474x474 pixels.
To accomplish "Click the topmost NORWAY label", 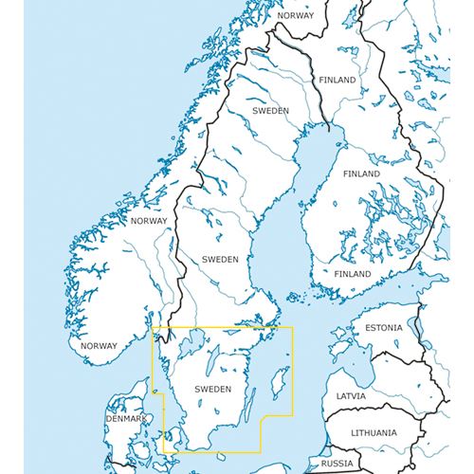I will (x=294, y=16).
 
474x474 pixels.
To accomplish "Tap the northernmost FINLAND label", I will (x=337, y=81).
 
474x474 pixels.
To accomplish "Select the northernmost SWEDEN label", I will (x=270, y=111).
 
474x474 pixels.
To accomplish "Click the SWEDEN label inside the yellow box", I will (x=211, y=389).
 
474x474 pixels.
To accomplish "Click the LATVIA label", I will (x=351, y=396).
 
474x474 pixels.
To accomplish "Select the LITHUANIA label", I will (x=374, y=432).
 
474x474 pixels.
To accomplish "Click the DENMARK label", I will (x=126, y=419).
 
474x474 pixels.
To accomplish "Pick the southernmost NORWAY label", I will (x=99, y=346).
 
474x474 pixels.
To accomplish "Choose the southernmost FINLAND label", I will (x=353, y=274).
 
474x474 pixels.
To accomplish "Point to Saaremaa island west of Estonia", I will (x=339, y=351).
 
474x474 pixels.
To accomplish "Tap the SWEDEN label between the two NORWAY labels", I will (x=221, y=258).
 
